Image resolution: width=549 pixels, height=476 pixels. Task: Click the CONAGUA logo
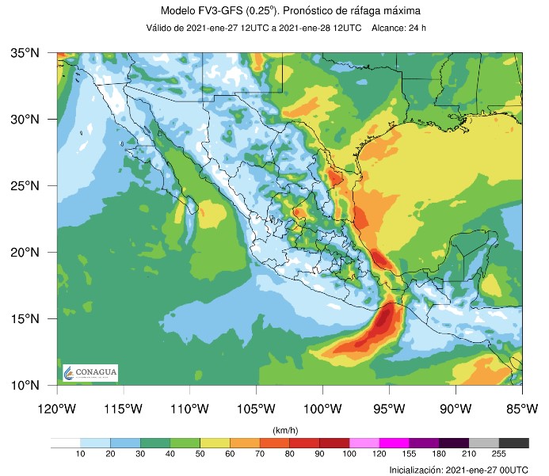(90, 372)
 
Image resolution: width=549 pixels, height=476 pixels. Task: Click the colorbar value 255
(499, 454)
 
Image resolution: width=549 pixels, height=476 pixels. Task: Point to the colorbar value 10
(80, 454)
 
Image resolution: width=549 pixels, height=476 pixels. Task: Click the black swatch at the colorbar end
(514, 443)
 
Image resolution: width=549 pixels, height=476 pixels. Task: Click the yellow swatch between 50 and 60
(215, 443)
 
